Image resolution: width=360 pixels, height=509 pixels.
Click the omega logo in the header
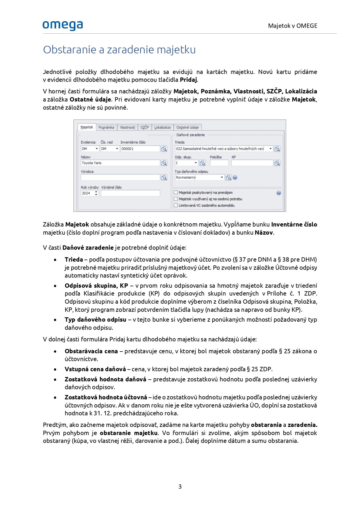pyautogui.click(x=63, y=25)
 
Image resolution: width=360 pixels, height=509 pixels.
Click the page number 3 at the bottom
pyautogui.click(x=180, y=486)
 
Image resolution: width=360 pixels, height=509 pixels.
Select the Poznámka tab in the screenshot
pyautogui.click(x=106, y=127)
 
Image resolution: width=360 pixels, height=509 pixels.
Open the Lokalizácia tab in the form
pyautogui.click(x=162, y=127)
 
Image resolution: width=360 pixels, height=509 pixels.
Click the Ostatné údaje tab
pyautogui.click(x=187, y=127)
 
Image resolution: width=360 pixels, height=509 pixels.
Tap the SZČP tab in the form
pyautogui.click(x=144, y=127)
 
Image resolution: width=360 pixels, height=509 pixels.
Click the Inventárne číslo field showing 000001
pyautogui.click(x=140, y=149)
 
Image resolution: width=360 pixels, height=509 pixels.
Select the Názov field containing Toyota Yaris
pyautogui.click(x=120, y=163)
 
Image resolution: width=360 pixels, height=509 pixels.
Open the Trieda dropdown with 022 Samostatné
pyautogui.click(x=224, y=149)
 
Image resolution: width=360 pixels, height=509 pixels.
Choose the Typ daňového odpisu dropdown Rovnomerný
pyautogui.click(x=199, y=177)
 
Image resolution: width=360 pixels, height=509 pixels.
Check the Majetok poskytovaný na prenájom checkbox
pyautogui.click(x=176, y=192)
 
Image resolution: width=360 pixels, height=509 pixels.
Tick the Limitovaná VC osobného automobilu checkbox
pyautogui.click(x=176, y=205)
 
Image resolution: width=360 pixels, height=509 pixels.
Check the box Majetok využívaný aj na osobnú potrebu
pyautogui.click(x=176, y=199)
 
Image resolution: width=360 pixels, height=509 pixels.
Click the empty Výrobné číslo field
pyautogui.click(x=130, y=193)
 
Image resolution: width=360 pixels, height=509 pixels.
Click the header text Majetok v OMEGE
pyautogui.click(x=292, y=26)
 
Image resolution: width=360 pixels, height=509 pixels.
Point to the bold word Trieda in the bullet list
pyautogui.click(x=74, y=260)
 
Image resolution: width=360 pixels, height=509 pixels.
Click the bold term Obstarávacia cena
pyautogui.click(x=91, y=351)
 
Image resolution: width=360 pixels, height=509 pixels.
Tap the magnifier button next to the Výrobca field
pyautogui.click(x=164, y=177)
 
